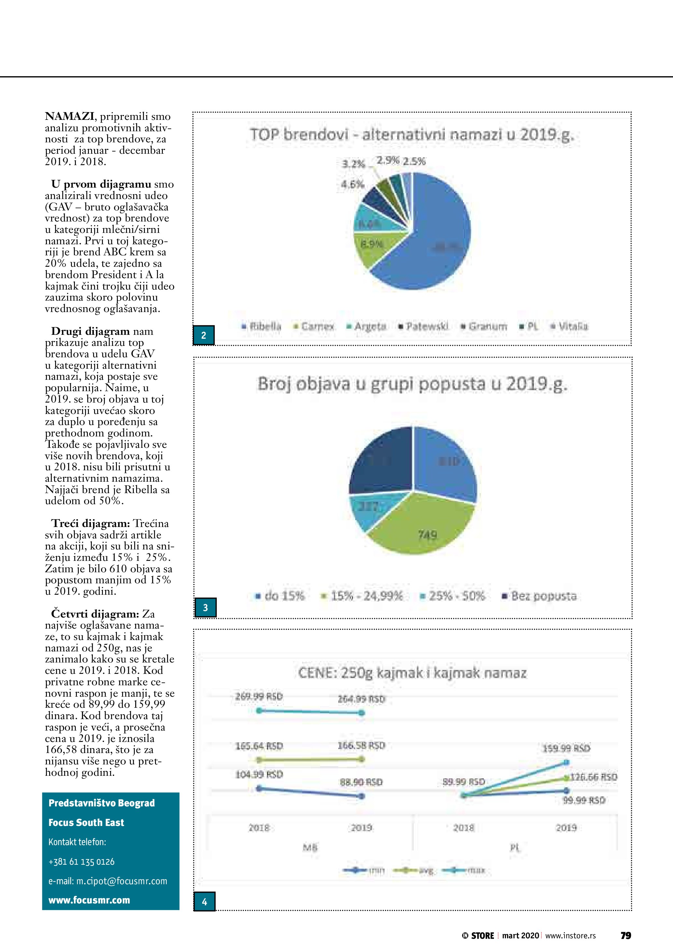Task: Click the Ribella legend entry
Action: coord(262,326)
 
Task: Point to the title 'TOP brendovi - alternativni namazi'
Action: coord(412,135)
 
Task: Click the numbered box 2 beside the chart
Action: coord(203,335)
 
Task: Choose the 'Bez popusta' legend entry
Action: coord(540,596)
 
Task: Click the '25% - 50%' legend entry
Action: coord(453,596)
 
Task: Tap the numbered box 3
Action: coord(205,607)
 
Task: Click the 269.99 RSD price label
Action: coord(259,697)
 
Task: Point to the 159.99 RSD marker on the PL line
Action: coord(567,762)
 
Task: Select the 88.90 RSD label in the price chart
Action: coord(361,782)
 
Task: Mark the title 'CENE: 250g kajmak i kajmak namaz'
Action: coord(412,673)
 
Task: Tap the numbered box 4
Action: coord(204,902)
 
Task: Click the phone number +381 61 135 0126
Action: coord(82,861)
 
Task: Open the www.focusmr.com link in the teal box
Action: coord(89,900)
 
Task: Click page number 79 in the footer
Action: coord(625,935)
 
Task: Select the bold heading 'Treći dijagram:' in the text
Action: coord(90,524)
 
